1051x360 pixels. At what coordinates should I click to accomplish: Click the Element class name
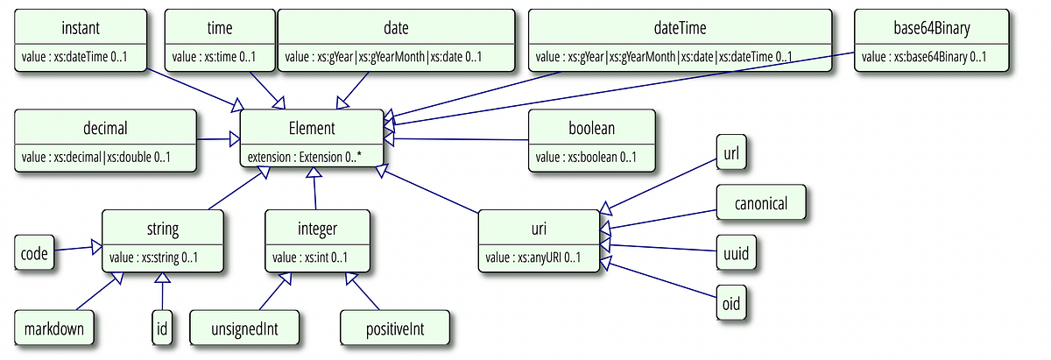[311, 128]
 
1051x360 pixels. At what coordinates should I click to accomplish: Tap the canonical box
[761, 203]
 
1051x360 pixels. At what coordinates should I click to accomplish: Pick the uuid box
[735, 253]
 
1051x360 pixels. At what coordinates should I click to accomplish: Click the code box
[34, 252]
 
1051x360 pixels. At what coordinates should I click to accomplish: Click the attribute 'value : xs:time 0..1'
[215, 58]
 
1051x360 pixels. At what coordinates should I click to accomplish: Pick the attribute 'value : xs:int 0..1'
[310, 258]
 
